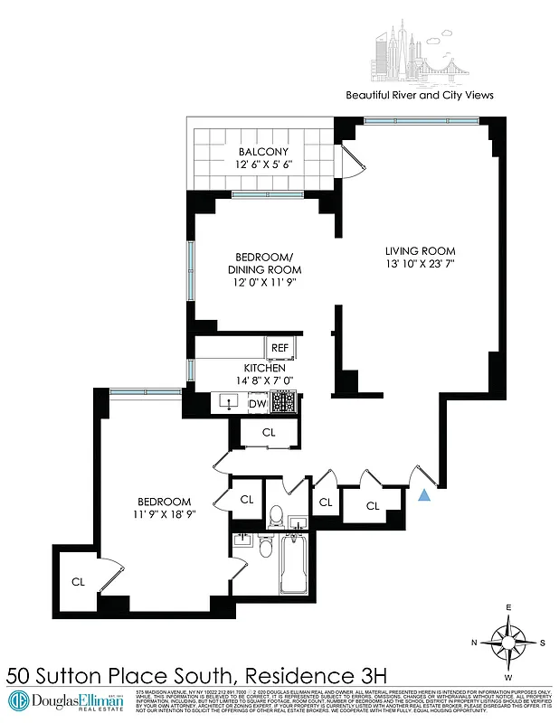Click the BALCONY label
[x=263, y=151]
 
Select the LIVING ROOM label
[x=419, y=250]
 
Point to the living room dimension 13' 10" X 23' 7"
[x=419, y=265]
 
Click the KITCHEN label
[x=264, y=369]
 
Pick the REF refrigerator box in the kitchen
[x=279, y=347]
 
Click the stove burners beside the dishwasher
[x=285, y=403]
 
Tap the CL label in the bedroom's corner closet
[x=78, y=581]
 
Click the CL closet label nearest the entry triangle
[x=373, y=506]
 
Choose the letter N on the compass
[x=474, y=642]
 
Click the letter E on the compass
[x=509, y=607]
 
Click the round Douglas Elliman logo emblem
[x=20, y=700]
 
